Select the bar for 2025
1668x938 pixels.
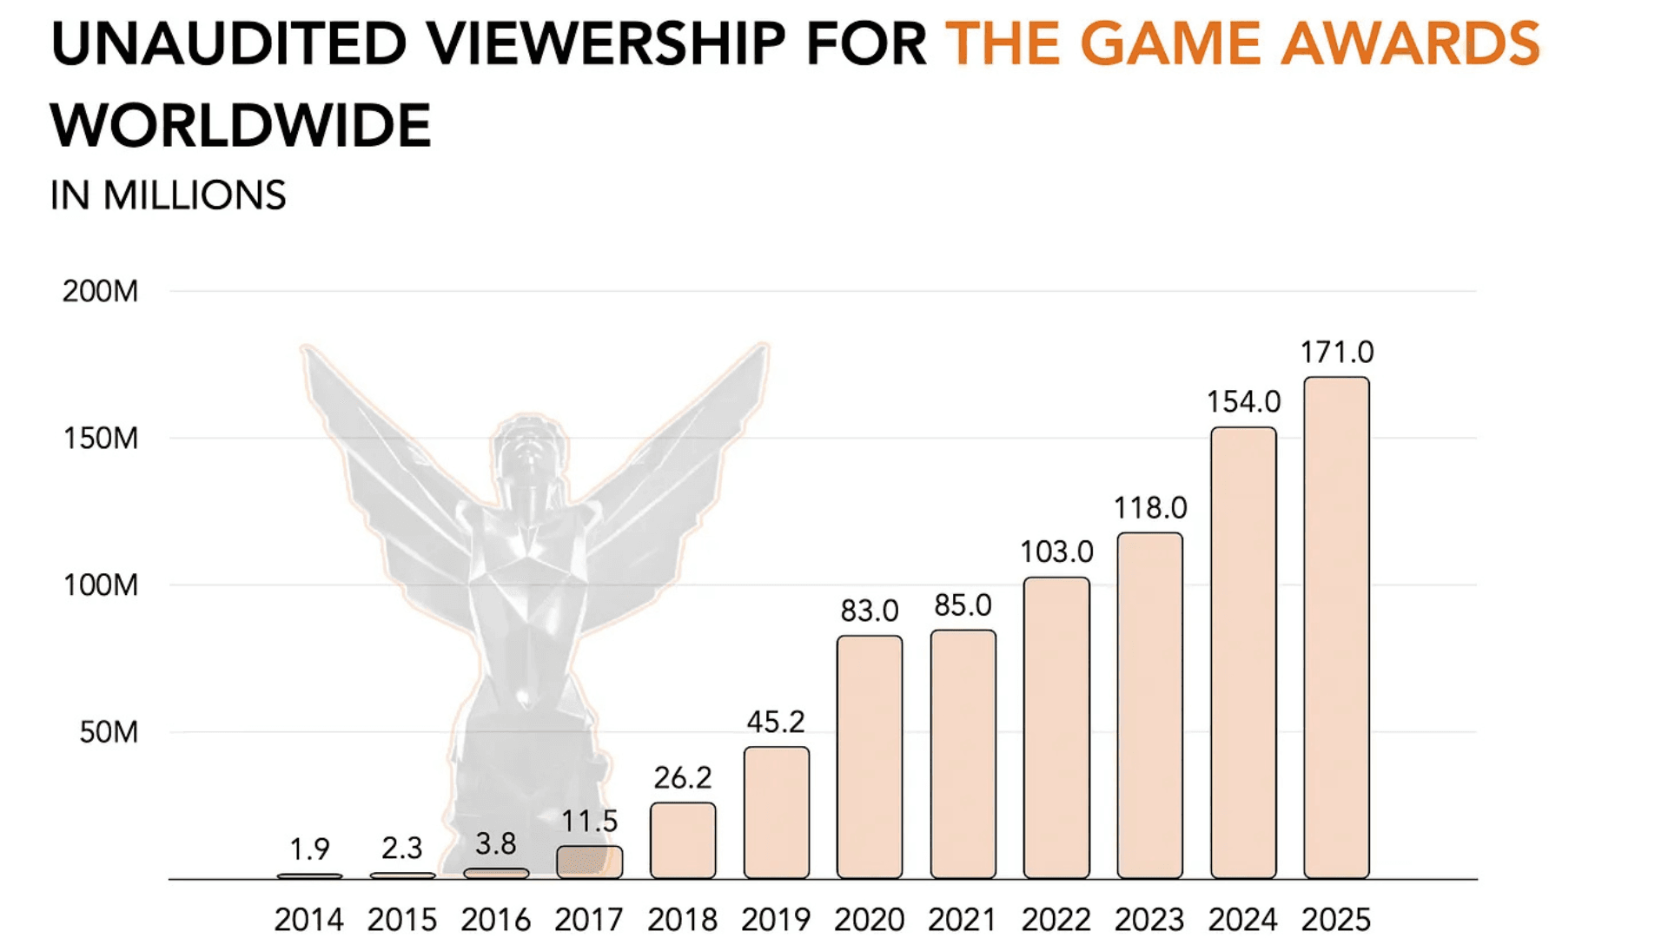point(1336,627)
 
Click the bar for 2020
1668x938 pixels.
point(870,756)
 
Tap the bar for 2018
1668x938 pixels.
point(683,840)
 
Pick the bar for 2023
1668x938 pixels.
point(1149,705)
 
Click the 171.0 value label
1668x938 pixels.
point(1336,352)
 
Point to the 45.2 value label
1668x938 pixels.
point(776,722)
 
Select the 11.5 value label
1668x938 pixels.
point(589,821)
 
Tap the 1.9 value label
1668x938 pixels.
point(309,849)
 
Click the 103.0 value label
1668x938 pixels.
point(1056,552)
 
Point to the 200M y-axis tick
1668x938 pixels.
point(100,291)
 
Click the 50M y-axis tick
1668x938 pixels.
point(109,732)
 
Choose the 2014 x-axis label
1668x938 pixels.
point(309,919)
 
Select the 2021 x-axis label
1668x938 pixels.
point(963,919)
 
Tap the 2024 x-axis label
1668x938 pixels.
point(1243,919)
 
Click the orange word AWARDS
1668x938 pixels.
point(1410,43)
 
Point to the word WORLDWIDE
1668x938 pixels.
point(241,126)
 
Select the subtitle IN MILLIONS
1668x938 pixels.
point(168,195)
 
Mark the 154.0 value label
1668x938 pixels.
point(1243,401)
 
